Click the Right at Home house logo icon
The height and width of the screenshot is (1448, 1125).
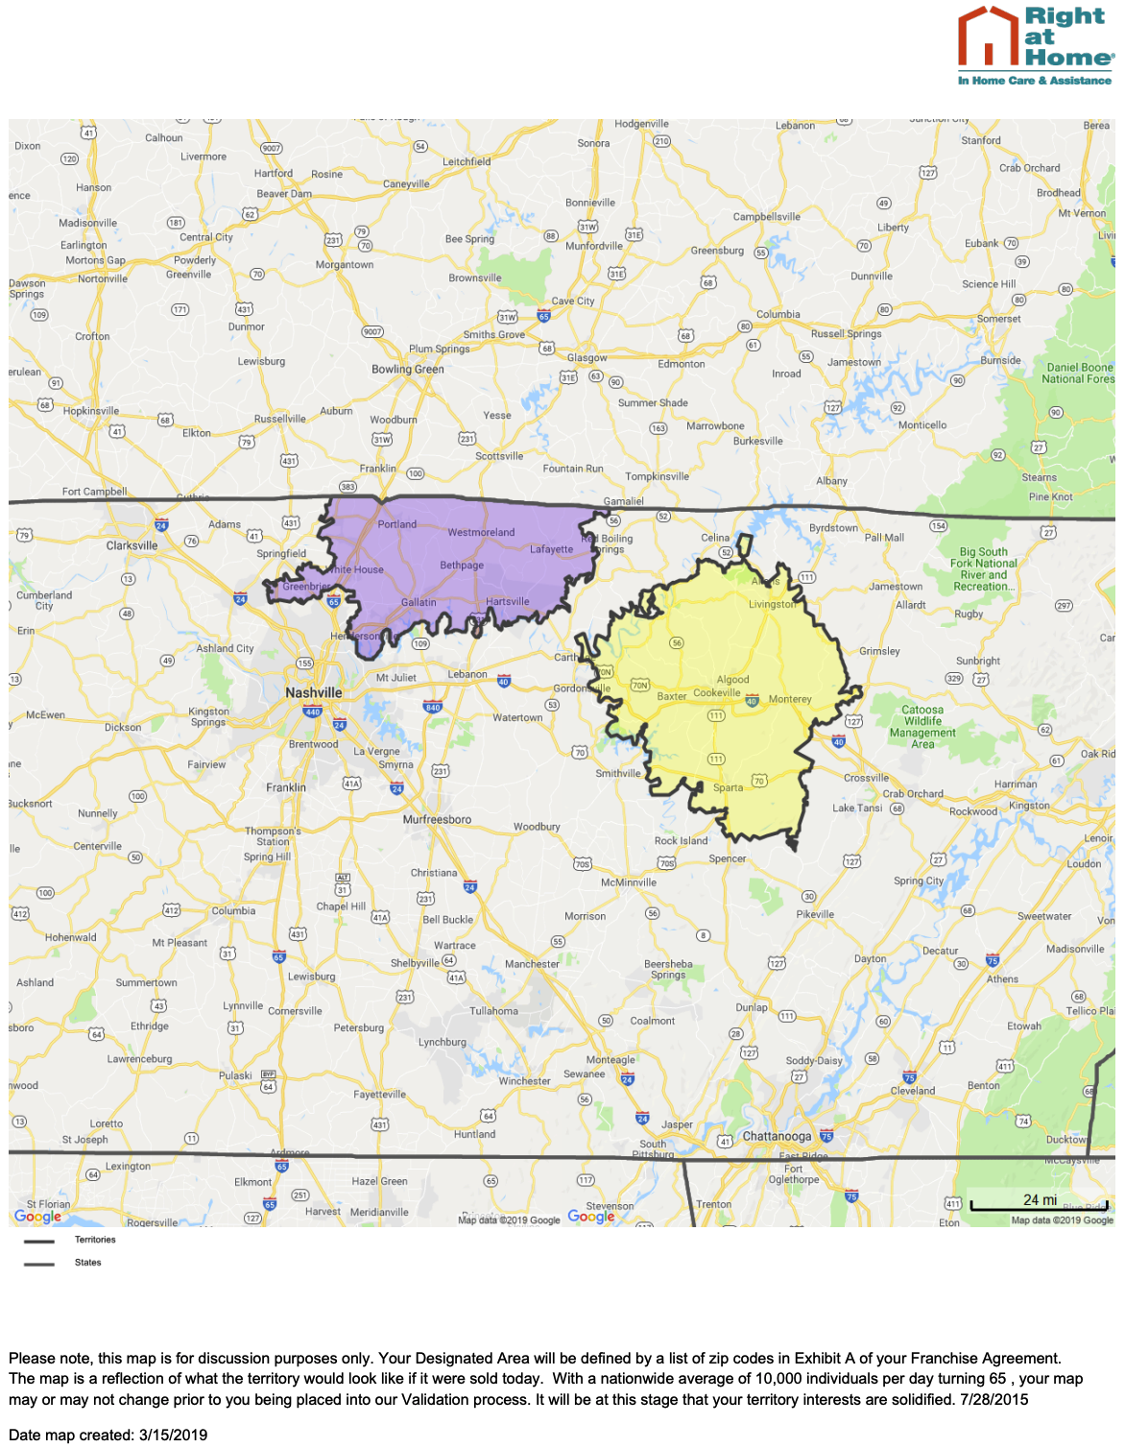988,36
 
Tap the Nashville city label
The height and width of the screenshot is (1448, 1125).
313,692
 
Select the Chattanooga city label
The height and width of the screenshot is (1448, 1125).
777,1136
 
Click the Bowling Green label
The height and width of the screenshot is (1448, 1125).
408,369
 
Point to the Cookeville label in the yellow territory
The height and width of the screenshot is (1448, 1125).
717,692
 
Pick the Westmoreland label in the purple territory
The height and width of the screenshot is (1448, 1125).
481,532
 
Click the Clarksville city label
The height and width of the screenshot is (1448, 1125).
132,545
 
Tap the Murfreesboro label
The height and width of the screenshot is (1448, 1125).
437,819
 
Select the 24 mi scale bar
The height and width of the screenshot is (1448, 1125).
1039,1202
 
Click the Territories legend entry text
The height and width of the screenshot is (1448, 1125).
95,1240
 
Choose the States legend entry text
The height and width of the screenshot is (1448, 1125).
87,1263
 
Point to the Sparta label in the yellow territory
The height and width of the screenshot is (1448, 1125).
728,787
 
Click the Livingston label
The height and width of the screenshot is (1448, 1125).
773,604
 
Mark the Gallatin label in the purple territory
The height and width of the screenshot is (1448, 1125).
419,602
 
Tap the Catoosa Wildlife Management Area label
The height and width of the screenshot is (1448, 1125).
922,727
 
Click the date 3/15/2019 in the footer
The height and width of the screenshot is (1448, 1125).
173,1435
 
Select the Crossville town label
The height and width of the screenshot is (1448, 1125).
866,778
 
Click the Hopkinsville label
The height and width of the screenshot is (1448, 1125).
91,411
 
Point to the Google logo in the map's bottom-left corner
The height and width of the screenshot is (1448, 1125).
38,1217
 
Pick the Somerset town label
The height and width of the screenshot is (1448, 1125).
998,319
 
